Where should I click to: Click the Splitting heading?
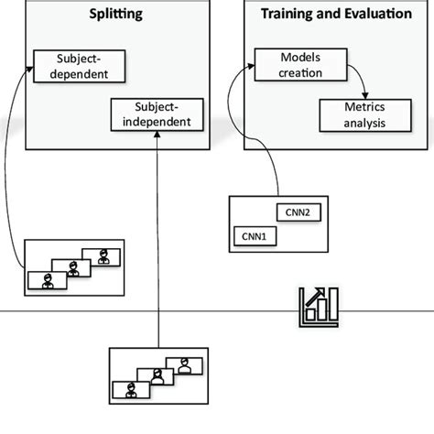[x=116, y=16]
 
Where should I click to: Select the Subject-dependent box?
[x=77, y=66]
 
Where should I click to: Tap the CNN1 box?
[x=253, y=236]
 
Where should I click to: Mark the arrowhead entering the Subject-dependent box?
[x=30, y=61]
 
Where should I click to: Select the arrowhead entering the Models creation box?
[x=247, y=64]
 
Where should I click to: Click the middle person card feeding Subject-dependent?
[x=72, y=268]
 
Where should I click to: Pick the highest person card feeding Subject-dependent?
[x=101, y=257]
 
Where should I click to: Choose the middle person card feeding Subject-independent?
[x=157, y=376]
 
